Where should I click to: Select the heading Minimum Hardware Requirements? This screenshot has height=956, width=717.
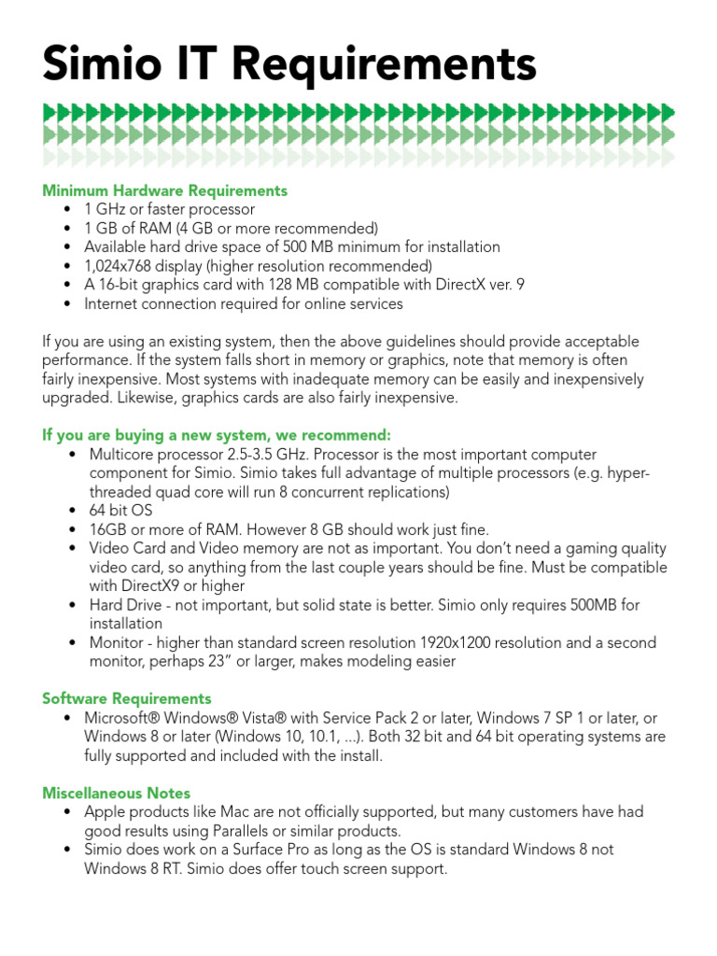click(164, 190)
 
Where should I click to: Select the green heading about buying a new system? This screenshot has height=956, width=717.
click(216, 436)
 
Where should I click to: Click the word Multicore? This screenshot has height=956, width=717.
click(122, 455)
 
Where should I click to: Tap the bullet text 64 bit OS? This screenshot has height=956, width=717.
click(120, 511)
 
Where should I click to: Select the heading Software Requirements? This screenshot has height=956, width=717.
click(127, 698)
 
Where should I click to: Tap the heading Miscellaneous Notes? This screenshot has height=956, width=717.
click(116, 794)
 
